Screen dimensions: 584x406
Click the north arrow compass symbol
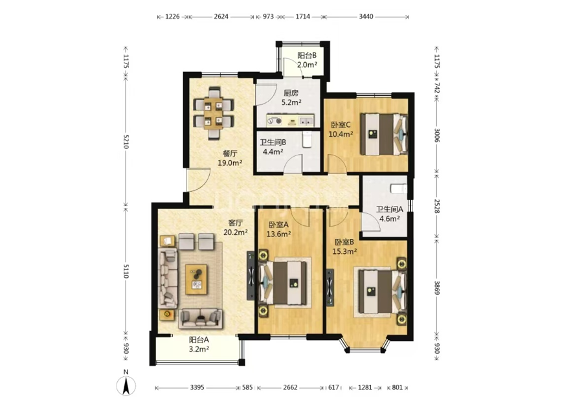(126, 383)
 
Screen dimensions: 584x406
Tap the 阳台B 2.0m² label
(307, 60)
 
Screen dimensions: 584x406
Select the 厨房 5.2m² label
(291, 98)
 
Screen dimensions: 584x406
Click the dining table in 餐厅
(214, 113)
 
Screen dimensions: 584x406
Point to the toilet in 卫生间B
(307, 139)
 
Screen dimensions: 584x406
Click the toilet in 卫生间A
(398, 188)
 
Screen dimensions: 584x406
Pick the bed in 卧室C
(384, 134)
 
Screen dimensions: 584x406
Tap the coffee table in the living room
(197, 279)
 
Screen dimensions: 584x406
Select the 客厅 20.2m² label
(236, 227)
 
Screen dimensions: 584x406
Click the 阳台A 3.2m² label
(199, 344)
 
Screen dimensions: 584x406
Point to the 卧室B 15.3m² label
(344, 247)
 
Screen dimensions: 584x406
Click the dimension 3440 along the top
(366, 17)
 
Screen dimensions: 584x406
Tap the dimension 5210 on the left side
(126, 142)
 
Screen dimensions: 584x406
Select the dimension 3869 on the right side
(437, 288)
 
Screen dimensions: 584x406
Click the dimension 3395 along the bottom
(197, 387)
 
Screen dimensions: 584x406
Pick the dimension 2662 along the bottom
(290, 387)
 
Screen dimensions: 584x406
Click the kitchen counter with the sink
(290, 120)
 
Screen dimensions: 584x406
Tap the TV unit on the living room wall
(251, 276)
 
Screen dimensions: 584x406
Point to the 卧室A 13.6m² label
(278, 229)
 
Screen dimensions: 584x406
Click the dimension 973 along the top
(268, 17)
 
